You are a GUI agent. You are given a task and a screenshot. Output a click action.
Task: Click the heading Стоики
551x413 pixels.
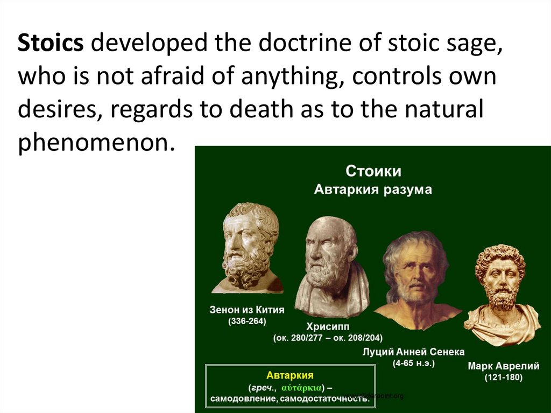click(373, 172)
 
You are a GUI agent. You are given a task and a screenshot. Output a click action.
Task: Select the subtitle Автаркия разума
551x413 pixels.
click(373, 190)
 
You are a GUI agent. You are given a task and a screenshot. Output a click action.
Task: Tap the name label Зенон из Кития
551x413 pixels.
click(247, 310)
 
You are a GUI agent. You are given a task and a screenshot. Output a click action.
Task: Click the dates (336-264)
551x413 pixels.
click(247, 321)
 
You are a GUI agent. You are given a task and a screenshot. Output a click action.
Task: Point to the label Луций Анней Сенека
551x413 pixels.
click(414, 352)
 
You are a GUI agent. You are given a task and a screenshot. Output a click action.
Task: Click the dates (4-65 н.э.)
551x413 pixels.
click(414, 363)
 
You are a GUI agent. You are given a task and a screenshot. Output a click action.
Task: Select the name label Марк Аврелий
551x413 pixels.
click(503, 366)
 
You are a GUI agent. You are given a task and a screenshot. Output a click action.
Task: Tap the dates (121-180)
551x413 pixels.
click(503, 377)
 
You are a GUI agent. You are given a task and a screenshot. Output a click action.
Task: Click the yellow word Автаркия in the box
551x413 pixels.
click(289, 375)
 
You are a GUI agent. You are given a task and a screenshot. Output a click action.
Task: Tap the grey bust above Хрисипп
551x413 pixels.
click(330, 264)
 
